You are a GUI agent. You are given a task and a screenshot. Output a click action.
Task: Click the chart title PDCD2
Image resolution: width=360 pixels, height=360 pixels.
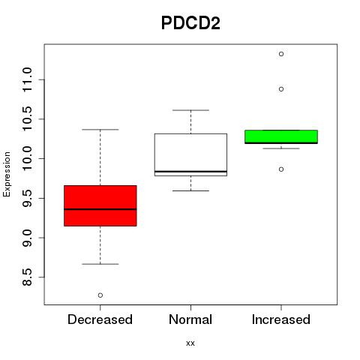click(190, 23)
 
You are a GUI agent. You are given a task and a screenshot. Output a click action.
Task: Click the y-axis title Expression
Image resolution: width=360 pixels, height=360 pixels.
click(7, 174)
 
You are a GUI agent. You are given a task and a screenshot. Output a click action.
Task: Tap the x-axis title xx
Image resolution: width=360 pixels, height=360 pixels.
click(190, 343)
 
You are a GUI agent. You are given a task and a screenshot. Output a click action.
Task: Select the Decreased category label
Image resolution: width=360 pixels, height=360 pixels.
click(100, 319)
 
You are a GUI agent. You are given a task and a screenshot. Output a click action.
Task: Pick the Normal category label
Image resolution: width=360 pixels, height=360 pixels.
click(190, 319)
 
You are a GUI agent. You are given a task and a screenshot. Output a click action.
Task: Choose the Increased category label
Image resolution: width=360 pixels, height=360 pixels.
click(281, 319)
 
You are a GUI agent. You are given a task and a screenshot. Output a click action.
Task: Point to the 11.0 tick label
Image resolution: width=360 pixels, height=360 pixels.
click(27, 79)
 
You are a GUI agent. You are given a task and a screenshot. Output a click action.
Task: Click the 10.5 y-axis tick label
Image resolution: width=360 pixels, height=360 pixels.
click(27, 118)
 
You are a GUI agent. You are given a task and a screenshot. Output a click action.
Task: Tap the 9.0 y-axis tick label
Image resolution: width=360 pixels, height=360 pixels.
click(27, 238)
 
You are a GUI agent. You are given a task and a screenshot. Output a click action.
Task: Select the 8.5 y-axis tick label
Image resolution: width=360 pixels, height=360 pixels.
click(27, 277)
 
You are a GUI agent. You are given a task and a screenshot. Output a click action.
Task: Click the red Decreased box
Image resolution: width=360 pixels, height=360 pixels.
click(100, 205)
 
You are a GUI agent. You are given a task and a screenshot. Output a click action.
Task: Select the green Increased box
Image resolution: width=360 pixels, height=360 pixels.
click(281, 136)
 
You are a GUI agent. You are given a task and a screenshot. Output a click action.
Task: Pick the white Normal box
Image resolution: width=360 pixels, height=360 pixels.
click(190, 154)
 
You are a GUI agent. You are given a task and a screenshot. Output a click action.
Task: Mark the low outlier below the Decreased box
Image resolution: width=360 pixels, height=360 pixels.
click(100, 295)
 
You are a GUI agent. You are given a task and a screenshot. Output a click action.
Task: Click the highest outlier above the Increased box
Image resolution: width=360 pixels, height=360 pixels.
click(281, 54)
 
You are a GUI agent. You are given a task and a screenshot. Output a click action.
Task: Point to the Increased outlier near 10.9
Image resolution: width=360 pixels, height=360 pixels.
click(281, 89)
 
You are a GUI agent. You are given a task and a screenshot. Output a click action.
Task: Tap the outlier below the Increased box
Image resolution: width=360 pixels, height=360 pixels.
click(281, 169)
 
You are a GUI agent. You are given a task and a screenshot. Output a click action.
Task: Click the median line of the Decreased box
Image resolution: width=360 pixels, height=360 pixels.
click(100, 209)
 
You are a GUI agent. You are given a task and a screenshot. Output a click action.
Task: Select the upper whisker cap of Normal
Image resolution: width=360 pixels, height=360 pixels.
click(190, 110)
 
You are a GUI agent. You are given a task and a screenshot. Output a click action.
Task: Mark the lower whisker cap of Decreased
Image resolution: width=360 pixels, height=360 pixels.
click(100, 264)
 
